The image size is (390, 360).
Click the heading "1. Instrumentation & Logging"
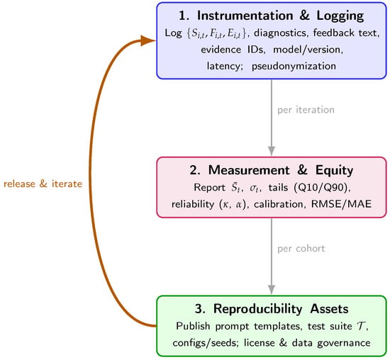pyautogui.click(x=271, y=16)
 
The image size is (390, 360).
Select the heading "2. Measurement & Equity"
pyautogui.click(x=271, y=170)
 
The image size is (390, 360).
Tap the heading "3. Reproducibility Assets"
pyautogui.click(x=272, y=309)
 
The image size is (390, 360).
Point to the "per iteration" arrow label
pyautogui.click(x=306, y=110)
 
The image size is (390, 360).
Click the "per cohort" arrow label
pyautogui.click(x=301, y=249)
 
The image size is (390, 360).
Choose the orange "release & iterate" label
pyautogui.click(x=43, y=184)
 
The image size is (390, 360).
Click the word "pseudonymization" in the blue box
pyautogui.click(x=294, y=66)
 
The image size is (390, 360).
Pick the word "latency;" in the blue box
pyautogui.click(x=225, y=66)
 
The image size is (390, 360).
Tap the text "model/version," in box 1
pyautogui.click(x=308, y=50)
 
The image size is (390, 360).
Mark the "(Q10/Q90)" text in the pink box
pyautogui.click(x=322, y=188)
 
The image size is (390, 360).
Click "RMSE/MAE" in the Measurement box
pyautogui.click(x=341, y=204)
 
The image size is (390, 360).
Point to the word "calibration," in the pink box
pyautogui.click(x=280, y=204)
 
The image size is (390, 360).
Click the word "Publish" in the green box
pyautogui.click(x=193, y=326)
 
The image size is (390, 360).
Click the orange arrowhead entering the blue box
pyautogui.click(x=148, y=41)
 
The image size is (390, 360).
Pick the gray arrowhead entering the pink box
pyautogui.click(x=272, y=151)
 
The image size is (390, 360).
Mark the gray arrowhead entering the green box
pyautogui.click(x=272, y=290)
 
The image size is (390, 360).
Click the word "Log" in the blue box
pyautogui.click(x=173, y=33)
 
